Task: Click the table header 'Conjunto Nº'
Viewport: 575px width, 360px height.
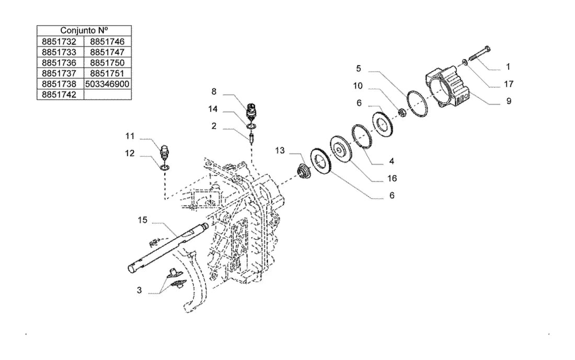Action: (x=84, y=30)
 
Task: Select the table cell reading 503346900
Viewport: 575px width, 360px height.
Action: (x=108, y=84)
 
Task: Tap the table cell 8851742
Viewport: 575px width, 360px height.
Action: (x=59, y=95)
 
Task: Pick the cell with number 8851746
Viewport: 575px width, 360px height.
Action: (x=108, y=41)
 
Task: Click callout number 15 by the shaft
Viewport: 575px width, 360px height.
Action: (x=143, y=220)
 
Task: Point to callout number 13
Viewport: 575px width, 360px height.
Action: (x=280, y=150)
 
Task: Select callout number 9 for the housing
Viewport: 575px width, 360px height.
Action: (x=509, y=101)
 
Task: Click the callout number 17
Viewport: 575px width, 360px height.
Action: (x=509, y=84)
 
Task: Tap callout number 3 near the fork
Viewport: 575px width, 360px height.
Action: (x=140, y=290)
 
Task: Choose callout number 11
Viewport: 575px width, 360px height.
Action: (x=130, y=136)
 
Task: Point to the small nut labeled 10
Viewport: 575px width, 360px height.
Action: (x=402, y=112)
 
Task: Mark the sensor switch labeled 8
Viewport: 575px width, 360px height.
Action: (x=251, y=111)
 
